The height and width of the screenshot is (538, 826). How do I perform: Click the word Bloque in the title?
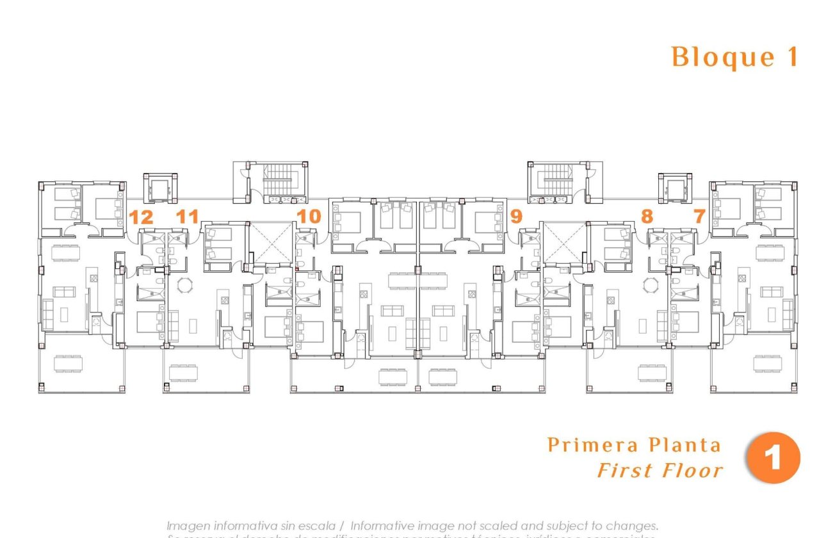pyautogui.click(x=714, y=58)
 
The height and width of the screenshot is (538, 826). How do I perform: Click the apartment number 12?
pyautogui.click(x=142, y=217)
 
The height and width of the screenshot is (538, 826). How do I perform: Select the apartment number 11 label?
pyautogui.click(x=187, y=217)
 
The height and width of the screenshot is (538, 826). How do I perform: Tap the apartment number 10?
pyautogui.click(x=309, y=216)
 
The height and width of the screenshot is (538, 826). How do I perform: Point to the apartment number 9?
pyautogui.click(x=516, y=216)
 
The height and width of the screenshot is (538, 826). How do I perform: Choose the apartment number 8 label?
pyautogui.click(x=647, y=216)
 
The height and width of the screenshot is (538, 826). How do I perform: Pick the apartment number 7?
pyautogui.click(x=699, y=216)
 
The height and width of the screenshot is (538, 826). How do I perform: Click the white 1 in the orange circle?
pyautogui.click(x=773, y=459)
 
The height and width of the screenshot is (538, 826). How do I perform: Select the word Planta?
pyautogui.click(x=684, y=445)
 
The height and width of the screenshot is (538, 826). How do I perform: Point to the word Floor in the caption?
pyautogui.click(x=691, y=471)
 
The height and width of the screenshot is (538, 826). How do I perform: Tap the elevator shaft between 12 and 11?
pyautogui.click(x=159, y=188)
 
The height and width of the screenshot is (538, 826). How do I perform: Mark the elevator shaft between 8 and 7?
pyautogui.click(x=675, y=188)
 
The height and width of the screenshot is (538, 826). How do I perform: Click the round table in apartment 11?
pyautogui.click(x=184, y=285)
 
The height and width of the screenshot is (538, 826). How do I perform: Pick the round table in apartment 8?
pyautogui.click(x=651, y=285)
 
